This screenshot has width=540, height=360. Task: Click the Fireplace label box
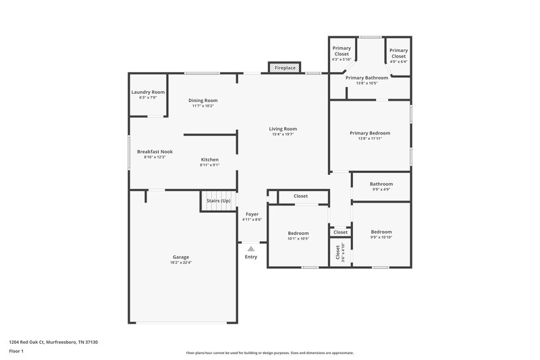(284, 68)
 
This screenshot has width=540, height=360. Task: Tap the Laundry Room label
(148, 92)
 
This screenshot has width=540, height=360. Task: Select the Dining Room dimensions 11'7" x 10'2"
(203, 106)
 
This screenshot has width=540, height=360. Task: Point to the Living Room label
(283, 128)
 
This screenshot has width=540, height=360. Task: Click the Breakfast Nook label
(155, 152)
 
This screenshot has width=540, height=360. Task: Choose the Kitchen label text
(209, 159)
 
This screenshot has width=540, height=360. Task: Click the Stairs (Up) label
(217, 201)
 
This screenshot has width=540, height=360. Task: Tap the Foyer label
(252, 214)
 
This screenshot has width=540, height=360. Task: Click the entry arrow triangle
(251, 249)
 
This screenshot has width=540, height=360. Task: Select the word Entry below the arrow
(251, 257)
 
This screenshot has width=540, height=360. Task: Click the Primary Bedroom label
(369, 133)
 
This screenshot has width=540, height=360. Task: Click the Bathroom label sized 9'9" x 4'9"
(381, 184)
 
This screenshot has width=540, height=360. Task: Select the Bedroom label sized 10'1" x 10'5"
(298, 233)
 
